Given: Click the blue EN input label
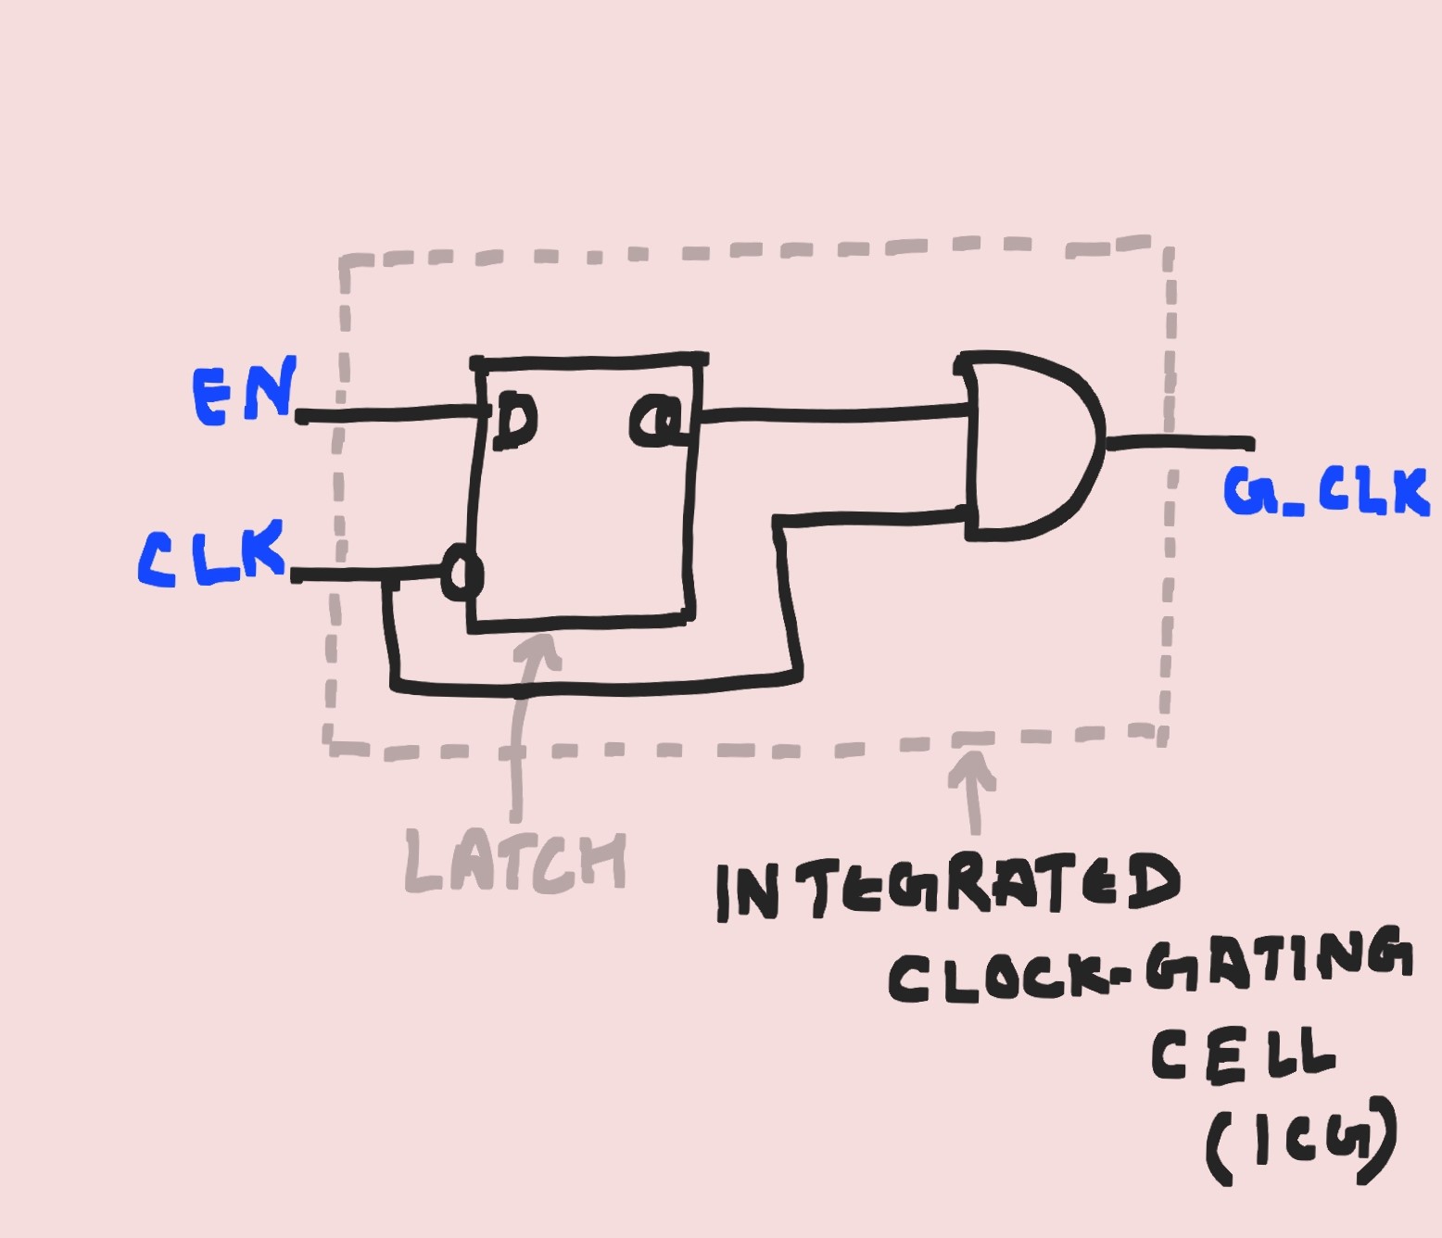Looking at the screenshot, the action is click(245, 393).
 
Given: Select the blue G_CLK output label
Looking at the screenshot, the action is click(1325, 491).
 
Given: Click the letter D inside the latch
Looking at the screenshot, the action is click(514, 421).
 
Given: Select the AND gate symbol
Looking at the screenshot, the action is click(1029, 445).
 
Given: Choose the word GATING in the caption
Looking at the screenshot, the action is click(1279, 959).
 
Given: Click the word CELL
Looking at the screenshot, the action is click(1242, 1055).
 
